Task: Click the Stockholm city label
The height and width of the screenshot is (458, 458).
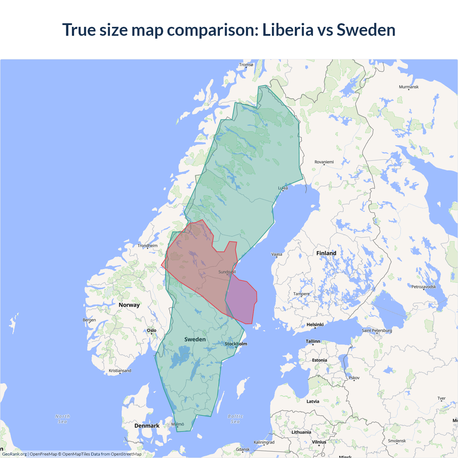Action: [x=236, y=344]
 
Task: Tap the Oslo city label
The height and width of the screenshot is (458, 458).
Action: [x=152, y=330]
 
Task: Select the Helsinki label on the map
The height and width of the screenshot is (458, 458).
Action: [x=315, y=325]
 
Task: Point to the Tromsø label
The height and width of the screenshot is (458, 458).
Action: [x=246, y=65]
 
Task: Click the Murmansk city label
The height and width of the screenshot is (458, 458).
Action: [x=409, y=87]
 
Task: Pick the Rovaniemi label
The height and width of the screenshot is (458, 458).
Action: [x=324, y=162]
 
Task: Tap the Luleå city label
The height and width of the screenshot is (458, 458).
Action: [x=283, y=188]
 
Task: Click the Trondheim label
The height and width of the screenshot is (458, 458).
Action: [x=147, y=245]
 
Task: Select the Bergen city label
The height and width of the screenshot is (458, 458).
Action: [x=89, y=320]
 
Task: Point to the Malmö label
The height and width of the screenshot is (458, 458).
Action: [x=177, y=424]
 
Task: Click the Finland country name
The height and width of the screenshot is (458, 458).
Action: [x=326, y=253]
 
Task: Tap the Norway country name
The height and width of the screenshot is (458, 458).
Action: [x=129, y=305]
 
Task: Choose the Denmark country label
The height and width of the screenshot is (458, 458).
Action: [x=147, y=426]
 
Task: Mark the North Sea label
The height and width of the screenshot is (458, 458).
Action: [x=63, y=419]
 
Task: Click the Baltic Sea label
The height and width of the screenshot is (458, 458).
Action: [x=235, y=419]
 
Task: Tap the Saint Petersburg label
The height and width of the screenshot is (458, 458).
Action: [x=377, y=330]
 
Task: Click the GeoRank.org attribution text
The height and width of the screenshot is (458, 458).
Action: [x=14, y=454]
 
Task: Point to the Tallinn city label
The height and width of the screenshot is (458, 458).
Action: [x=313, y=341]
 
